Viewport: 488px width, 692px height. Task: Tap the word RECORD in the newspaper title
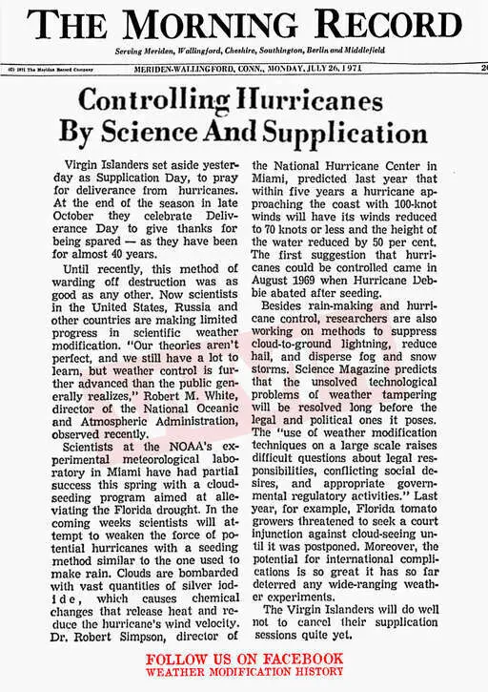(391, 26)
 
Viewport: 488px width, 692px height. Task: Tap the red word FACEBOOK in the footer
(299, 659)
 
